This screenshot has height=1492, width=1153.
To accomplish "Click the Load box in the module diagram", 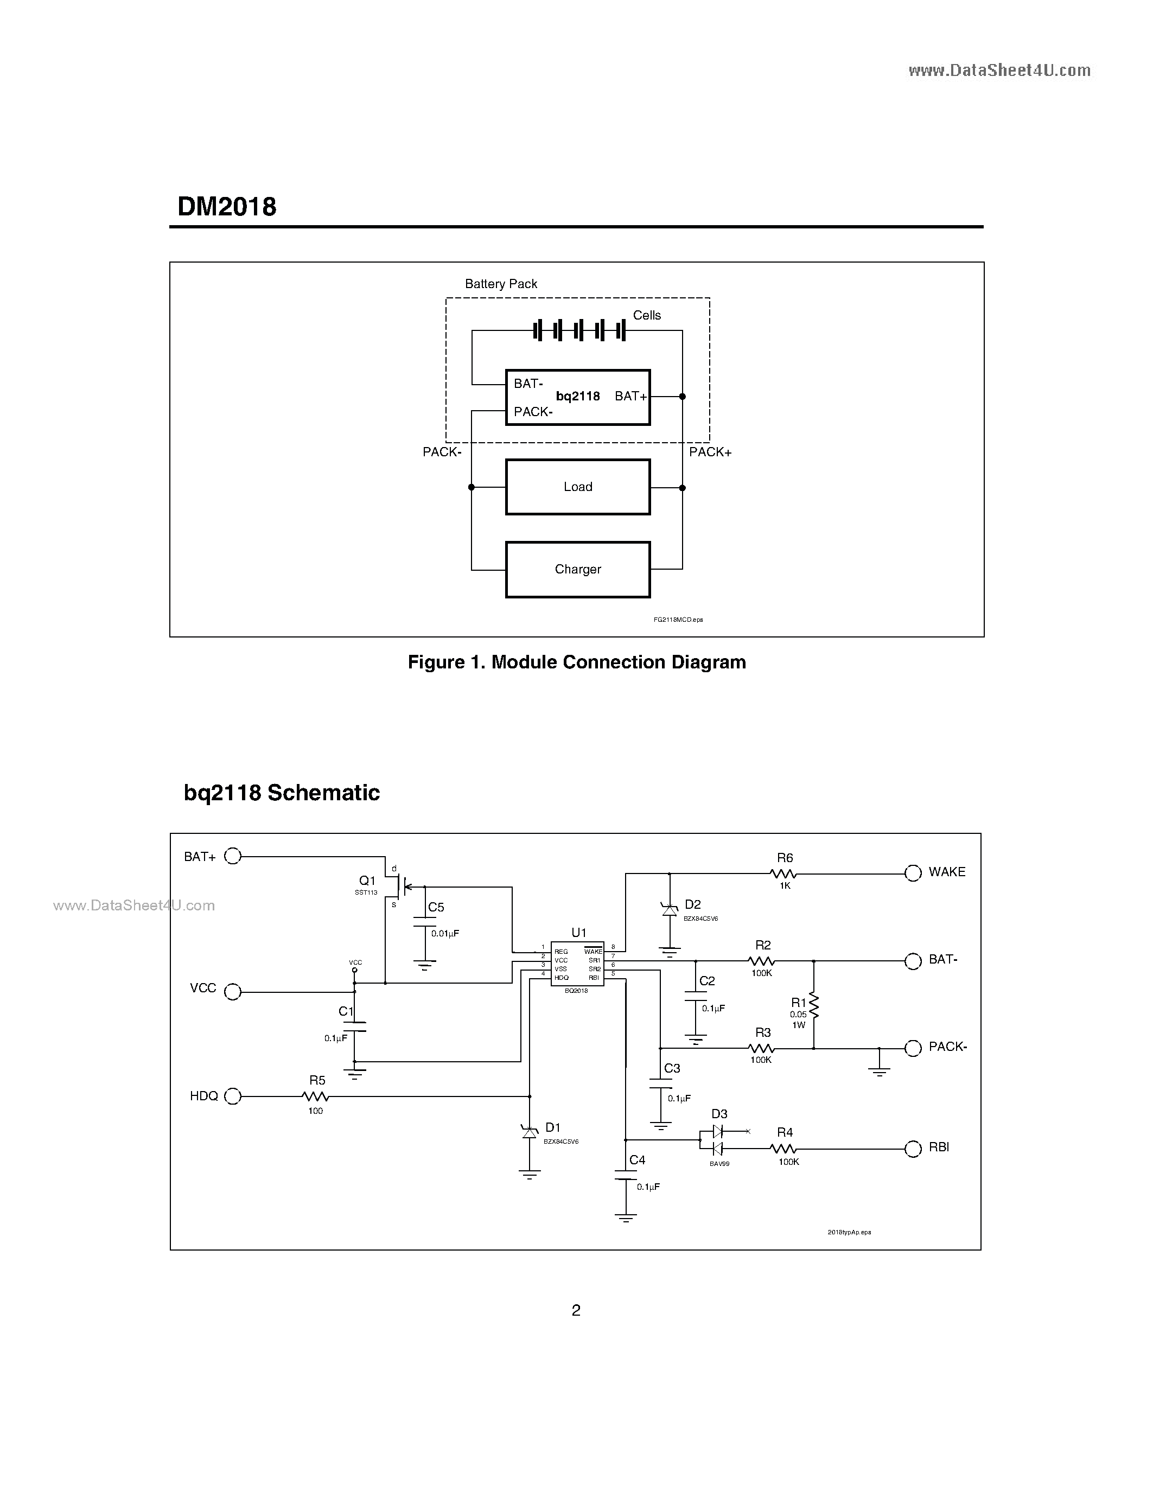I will (x=577, y=487).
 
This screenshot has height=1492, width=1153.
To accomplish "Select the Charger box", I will (x=577, y=570).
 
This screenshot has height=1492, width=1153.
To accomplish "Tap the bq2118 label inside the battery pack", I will (x=577, y=396).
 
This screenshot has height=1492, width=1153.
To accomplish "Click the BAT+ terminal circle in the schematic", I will (x=233, y=856).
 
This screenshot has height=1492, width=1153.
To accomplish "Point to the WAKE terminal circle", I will (x=913, y=873).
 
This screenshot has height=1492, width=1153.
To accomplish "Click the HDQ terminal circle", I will (x=233, y=1096).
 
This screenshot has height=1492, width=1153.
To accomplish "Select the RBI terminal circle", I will (x=913, y=1149).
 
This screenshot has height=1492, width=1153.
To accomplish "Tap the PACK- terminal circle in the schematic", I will (x=913, y=1048).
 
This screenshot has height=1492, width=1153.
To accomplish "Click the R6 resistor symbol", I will (x=783, y=873).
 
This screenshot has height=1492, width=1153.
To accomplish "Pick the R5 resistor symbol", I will (x=316, y=1096).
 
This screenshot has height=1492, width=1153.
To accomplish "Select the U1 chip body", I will (x=577, y=964).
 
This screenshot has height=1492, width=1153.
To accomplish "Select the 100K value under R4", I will (x=788, y=1162).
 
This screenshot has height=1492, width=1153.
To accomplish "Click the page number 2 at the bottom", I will (x=576, y=1310).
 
